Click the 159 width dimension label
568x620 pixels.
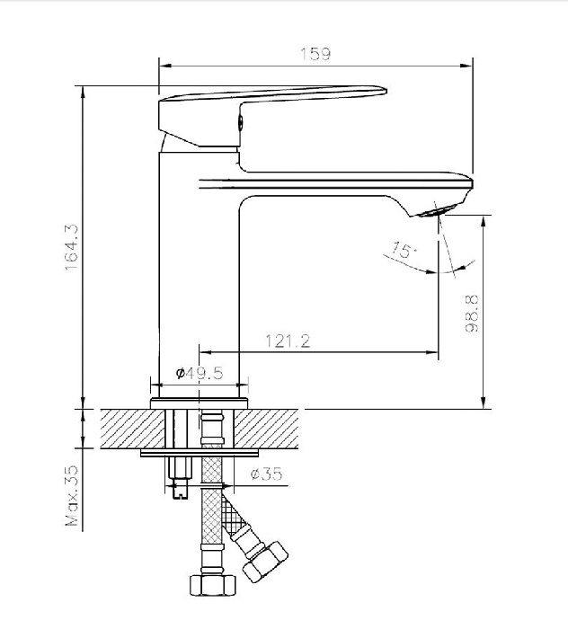click(x=315, y=54)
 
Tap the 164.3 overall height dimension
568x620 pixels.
click(x=72, y=247)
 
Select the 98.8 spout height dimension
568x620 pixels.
click(x=472, y=314)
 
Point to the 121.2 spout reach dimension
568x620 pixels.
click(x=288, y=341)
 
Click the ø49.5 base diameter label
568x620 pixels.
click(x=200, y=373)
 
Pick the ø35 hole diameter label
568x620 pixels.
click(x=267, y=474)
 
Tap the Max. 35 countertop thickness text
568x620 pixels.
click(x=72, y=495)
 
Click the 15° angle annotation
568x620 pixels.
click(x=404, y=250)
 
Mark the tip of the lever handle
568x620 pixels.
click(x=386, y=91)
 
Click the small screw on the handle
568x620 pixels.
click(x=240, y=122)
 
